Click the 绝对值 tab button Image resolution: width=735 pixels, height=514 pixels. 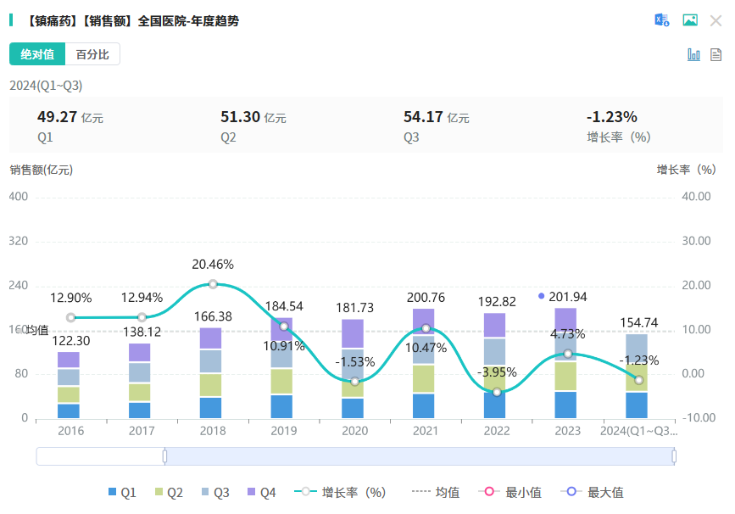(x=37, y=54)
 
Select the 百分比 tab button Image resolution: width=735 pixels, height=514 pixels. (x=92, y=54)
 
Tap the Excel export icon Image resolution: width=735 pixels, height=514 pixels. (x=661, y=20)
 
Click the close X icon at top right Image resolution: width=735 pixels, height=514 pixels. (x=716, y=20)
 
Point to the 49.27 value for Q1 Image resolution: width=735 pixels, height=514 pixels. (x=57, y=117)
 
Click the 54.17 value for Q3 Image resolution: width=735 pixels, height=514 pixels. (x=423, y=117)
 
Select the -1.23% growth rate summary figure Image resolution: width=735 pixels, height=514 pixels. (x=611, y=117)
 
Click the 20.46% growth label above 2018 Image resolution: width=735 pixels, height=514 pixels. (x=213, y=265)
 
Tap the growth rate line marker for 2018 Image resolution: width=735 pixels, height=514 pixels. (x=213, y=284)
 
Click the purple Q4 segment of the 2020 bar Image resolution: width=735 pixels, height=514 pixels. (x=354, y=333)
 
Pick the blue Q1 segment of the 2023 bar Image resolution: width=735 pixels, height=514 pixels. (x=567, y=404)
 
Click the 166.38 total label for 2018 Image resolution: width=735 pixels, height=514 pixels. (x=213, y=316)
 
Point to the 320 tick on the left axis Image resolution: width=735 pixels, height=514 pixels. (x=18, y=241)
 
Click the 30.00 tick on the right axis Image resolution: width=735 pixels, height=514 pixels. (x=696, y=241)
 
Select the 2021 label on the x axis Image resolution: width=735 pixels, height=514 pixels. (x=426, y=431)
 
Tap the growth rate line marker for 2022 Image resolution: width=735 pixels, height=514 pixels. (x=497, y=392)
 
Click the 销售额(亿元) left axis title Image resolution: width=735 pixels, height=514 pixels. (x=42, y=169)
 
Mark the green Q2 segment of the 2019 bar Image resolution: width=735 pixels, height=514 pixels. (x=283, y=381)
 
